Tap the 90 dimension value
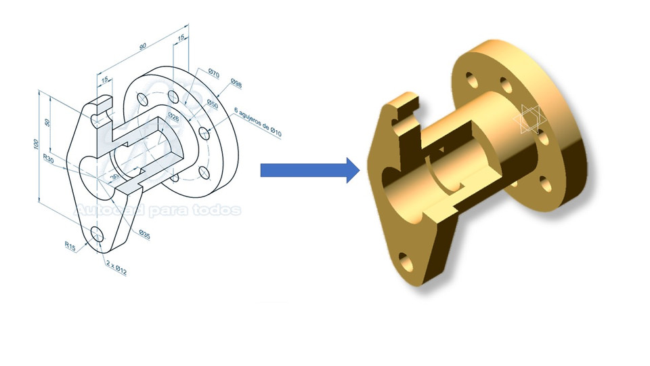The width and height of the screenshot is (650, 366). pos(143,47)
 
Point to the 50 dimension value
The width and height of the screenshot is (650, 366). pos(47,123)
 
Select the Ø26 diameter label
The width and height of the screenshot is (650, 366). pos(173,117)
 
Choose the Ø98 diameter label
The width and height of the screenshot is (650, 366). pos(236,83)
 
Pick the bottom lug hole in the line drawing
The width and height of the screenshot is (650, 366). pos(97,235)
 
